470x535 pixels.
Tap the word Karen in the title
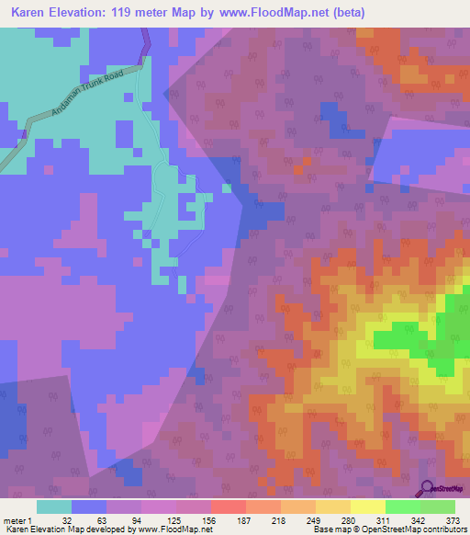tap(30, 13)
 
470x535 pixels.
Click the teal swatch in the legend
tap(53, 506)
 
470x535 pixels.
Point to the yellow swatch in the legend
tap(367, 506)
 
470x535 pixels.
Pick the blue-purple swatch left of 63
tap(88, 506)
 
